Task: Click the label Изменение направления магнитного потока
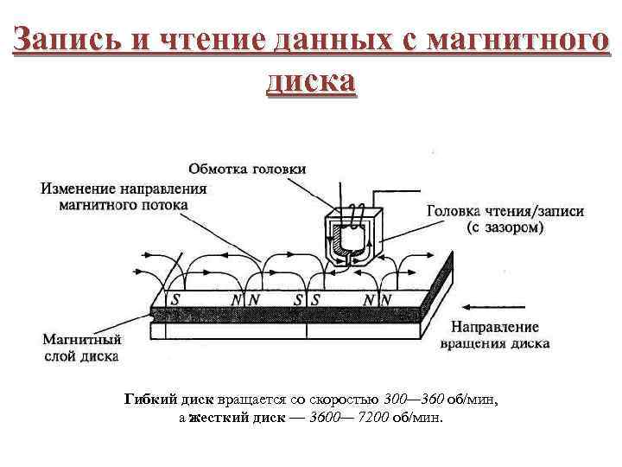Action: click(124, 196)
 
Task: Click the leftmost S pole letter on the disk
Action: click(176, 299)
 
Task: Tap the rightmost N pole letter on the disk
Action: click(386, 299)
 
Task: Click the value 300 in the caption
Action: click(397, 400)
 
